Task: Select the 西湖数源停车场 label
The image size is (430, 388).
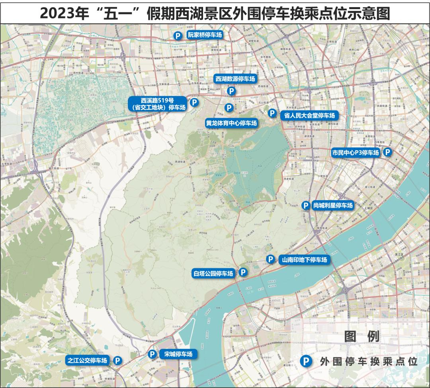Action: point(235,79)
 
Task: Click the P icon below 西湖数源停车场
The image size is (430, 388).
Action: point(231,91)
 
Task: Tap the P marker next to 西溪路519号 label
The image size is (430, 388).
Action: point(194,102)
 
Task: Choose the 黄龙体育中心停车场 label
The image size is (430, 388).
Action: point(231,123)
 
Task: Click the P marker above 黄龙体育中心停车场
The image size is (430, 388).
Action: point(229,107)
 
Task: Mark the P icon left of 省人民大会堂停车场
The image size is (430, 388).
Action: point(272,113)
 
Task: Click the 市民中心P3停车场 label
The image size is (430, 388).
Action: point(356,152)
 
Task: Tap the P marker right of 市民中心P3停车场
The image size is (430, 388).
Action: point(387,152)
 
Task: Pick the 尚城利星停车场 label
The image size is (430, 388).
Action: point(333,205)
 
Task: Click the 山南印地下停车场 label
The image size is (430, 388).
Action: point(304,260)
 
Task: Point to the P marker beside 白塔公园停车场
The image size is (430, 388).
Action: point(242,272)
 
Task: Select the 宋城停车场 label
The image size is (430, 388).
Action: point(178,354)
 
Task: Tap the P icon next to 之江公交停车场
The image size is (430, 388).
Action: point(118,360)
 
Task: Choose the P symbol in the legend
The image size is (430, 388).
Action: point(306,361)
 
